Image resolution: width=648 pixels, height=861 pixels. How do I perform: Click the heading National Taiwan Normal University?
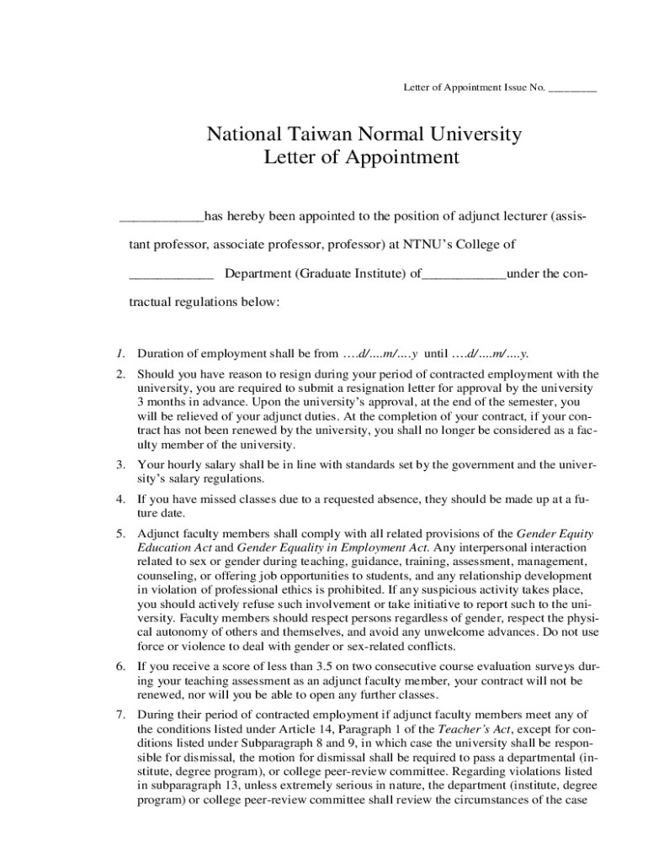(x=364, y=134)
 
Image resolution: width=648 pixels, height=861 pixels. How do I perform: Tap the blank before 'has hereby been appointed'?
(x=162, y=217)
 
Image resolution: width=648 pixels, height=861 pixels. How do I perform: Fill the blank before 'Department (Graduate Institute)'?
(x=171, y=273)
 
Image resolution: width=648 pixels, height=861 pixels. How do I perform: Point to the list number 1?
(x=121, y=352)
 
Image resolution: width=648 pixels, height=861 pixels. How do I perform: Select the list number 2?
(x=121, y=373)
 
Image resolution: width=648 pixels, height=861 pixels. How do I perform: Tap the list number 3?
(x=121, y=464)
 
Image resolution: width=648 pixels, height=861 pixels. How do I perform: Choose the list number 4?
(x=121, y=499)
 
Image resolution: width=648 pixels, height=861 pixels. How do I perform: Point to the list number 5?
(x=121, y=533)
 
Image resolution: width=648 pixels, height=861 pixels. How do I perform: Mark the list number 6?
(x=121, y=666)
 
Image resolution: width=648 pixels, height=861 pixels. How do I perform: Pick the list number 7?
(x=121, y=714)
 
